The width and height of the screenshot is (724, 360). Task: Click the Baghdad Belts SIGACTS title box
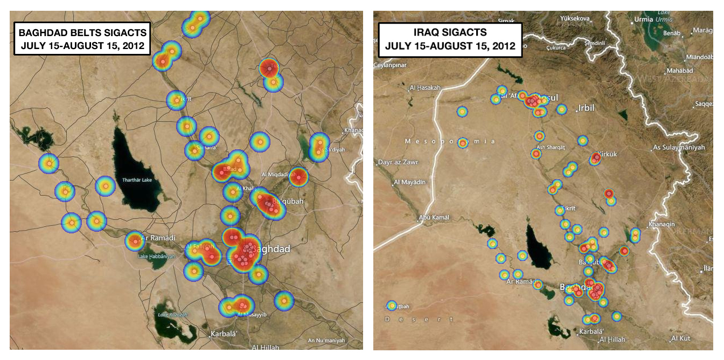(x=82, y=39)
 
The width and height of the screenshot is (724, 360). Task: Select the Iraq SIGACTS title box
(x=450, y=39)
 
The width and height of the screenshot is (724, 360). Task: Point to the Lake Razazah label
(x=172, y=314)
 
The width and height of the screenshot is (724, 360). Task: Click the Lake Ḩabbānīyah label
(x=157, y=257)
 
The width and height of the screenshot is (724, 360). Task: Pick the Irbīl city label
(x=586, y=108)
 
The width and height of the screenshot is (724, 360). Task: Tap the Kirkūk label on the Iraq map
(x=607, y=154)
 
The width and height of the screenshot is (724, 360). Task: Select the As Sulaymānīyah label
(x=678, y=147)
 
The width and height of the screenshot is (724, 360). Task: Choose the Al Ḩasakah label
(x=425, y=88)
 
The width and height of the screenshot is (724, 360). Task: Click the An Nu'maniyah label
(x=326, y=340)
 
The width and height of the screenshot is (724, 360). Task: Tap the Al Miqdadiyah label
(x=279, y=175)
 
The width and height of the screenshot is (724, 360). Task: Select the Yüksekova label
(x=576, y=18)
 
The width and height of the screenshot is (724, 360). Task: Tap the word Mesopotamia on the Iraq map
(x=449, y=141)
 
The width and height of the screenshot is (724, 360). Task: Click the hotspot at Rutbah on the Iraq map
(x=392, y=306)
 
